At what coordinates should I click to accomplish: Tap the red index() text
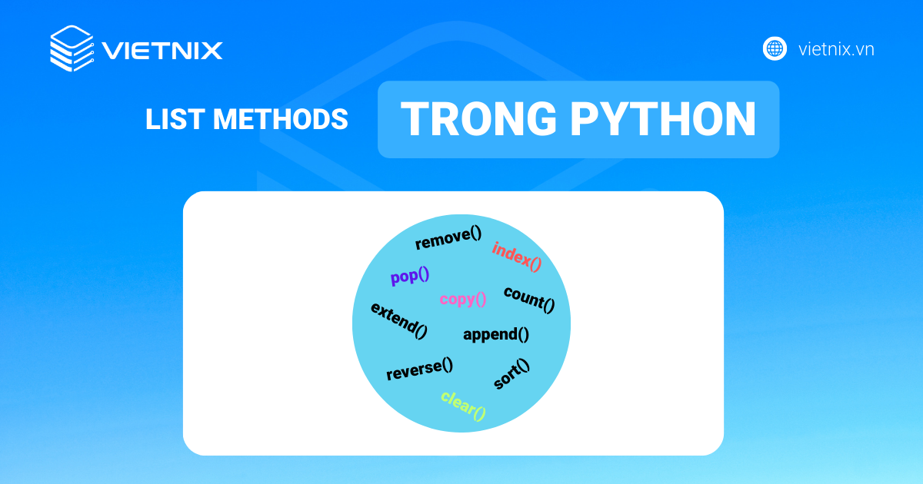[x=517, y=257]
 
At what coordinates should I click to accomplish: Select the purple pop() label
[x=409, y=277]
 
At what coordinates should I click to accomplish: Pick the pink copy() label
[x=463, y=299]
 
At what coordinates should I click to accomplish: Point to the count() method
[x=529, y=299]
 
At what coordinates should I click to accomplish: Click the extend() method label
[x=398, y=320]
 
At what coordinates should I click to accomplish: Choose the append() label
[x=496, y=334]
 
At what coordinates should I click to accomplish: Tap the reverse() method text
[x=419, y=370]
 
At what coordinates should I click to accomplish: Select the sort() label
[x=511, y=374]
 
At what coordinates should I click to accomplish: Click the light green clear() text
[x=464, y=406]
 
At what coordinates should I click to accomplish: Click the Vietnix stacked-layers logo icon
[x=72, y=49]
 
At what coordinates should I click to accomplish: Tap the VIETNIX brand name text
[x=162, y=51]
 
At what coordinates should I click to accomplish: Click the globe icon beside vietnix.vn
[x=775, y=49]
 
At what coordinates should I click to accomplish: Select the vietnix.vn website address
[x=836, y=50]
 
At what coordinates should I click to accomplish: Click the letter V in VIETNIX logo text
[x=112, y=51]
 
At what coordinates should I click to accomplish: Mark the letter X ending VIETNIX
[x=211, y=51]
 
